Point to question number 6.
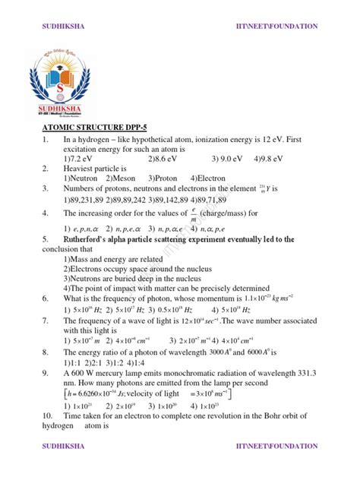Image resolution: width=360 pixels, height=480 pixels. point(46,298)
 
